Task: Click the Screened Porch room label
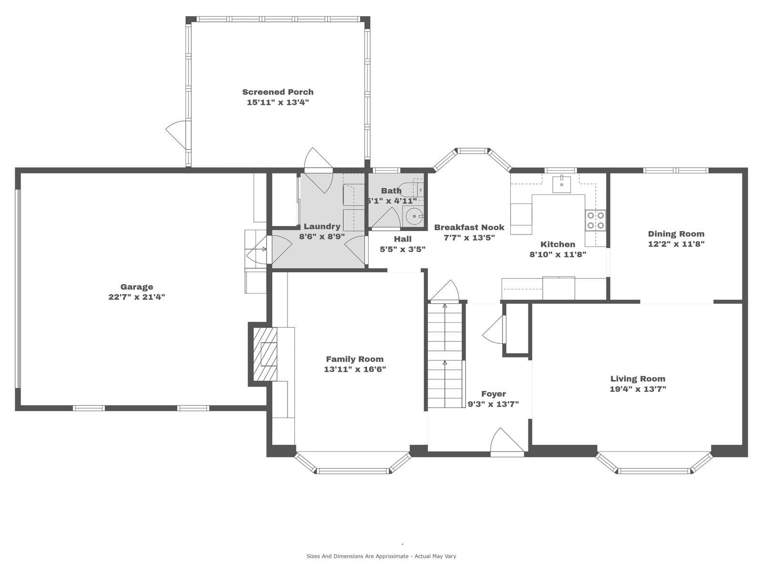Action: coord(278,92)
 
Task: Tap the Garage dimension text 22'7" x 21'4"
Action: coord(136,297)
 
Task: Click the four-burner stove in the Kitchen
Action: coord(596,221)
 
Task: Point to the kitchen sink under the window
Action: coord(561,184)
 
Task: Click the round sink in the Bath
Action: coord(414,216)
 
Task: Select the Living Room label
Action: coord(638,378)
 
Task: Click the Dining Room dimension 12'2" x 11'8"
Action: coord(676,244)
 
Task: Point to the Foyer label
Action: coord(493,394)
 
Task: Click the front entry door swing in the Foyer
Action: coord(507,442)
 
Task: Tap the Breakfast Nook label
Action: coord(469,227)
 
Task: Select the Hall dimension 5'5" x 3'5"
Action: coord(402,249)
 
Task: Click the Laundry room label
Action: coord(322,226)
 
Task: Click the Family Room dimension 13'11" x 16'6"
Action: coord(355,369)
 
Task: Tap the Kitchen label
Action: coord(558,244)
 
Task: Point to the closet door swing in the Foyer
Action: coord(494,329)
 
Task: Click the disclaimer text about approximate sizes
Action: coord(381,556)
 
